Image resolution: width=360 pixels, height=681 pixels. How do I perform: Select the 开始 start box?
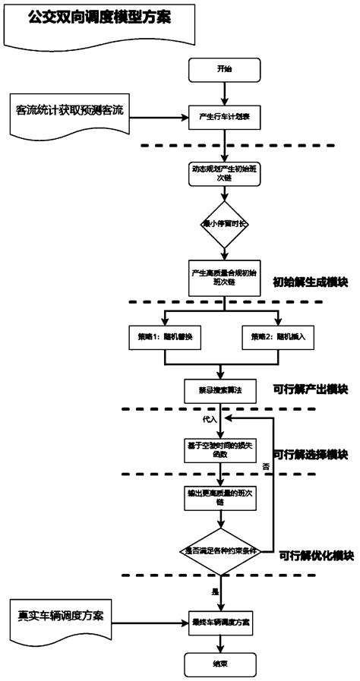223,69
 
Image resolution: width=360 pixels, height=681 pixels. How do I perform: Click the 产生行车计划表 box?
223,118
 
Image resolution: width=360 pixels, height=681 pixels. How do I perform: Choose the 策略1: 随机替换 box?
164,335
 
